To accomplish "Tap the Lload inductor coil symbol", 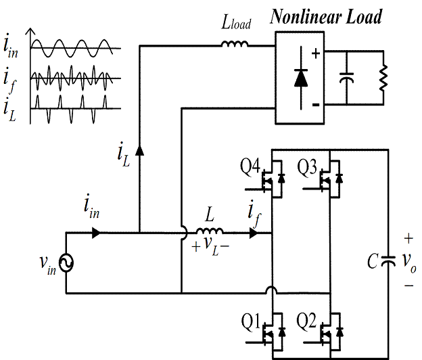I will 235,45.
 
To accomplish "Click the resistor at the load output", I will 383,77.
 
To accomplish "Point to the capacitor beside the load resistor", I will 347,78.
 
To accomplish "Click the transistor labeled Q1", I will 273,332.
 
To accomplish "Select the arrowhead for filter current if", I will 254,233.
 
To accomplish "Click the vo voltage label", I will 409,261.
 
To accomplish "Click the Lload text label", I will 236,24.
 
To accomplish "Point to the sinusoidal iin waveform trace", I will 74,48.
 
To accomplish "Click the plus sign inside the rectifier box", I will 314,52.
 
